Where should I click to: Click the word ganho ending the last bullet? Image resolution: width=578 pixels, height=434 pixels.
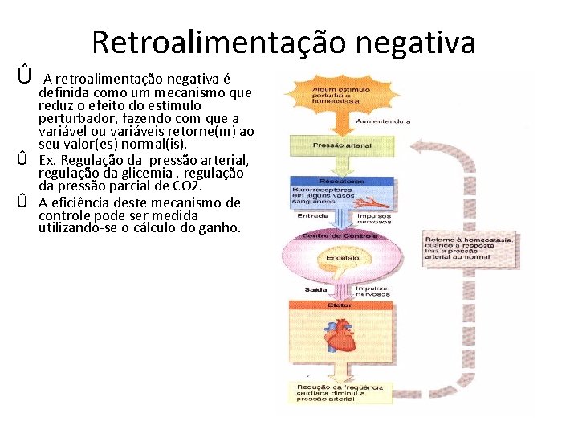[220, 228]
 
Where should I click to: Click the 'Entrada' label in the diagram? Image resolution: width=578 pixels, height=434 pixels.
[311, 215]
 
